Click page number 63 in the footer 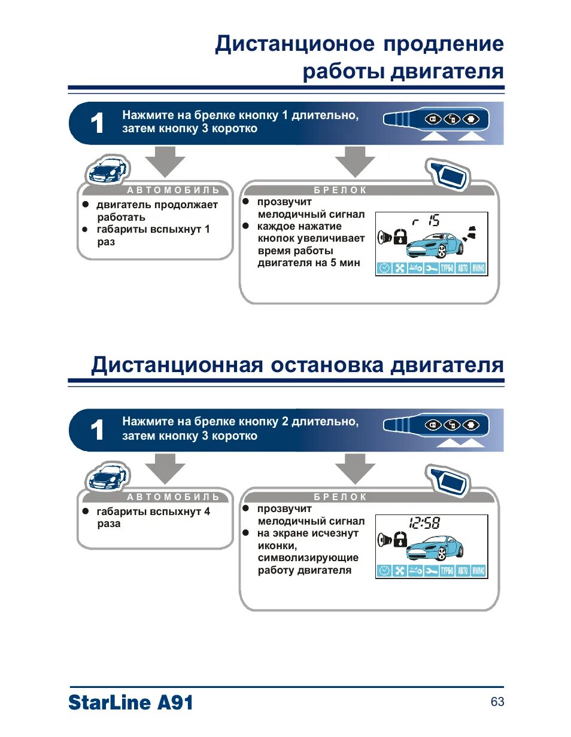(x=497, y=702)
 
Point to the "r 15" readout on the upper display (x=426, y=222)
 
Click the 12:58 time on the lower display (x=424, y=524)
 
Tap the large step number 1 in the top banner (x=96, y=124)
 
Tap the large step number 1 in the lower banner (x=96, y=431)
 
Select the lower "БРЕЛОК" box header (x=340, y=497)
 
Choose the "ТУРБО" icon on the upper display (x=447, y=268)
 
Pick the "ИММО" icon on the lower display (x=478, y=571)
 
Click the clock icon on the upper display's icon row (x=384, y=268)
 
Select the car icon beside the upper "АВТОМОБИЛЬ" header (x=107, y=170)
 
